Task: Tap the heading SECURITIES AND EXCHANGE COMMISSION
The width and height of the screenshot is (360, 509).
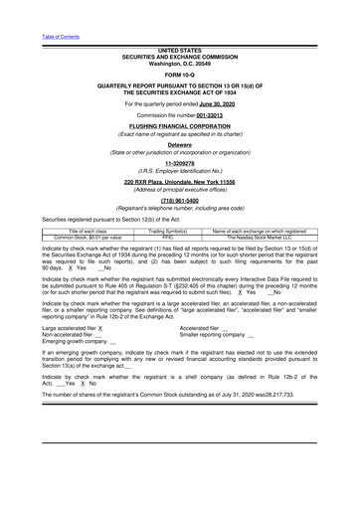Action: click(x=179, y=56)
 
